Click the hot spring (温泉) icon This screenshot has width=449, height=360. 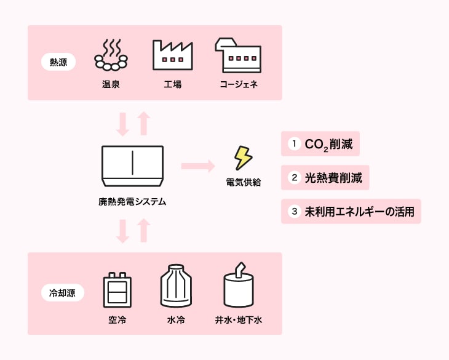[x=111, y=55]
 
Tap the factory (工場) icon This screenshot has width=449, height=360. [x=172, y=55]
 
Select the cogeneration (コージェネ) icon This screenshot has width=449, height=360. [x=238, y=55]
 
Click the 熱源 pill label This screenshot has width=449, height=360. [x=58, y=62]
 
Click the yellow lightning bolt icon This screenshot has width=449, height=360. [x=243, y=158]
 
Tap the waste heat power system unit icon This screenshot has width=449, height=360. [x=132, y=166]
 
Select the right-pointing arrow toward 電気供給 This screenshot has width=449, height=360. [x=197, y=166]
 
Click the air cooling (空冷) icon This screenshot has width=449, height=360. [x=117, y=290]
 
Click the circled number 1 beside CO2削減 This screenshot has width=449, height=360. [x=294, y=143]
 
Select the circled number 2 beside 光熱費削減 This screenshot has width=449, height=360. [x=294, y=178]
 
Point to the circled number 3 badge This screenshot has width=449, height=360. [x=294, y=212]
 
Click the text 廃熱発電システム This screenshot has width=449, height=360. [x=132, y=201]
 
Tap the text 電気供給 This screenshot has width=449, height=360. [x=244, y=182]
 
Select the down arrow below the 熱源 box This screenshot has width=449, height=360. [x=122, y=124]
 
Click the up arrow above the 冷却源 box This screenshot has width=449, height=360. [x=143, y=230]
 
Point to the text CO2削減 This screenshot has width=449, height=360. [x=328, y=144]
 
